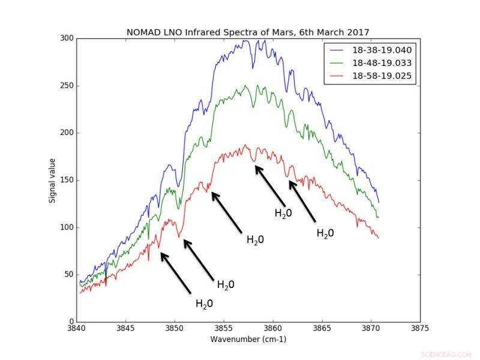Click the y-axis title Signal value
(x=52, y=180)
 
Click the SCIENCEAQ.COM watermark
(x=446, y=355)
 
